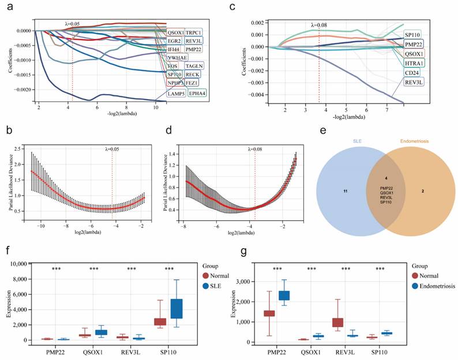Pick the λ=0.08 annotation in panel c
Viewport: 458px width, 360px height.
(x=319, y=25)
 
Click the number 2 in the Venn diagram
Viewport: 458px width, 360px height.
(x=424, y=189)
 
